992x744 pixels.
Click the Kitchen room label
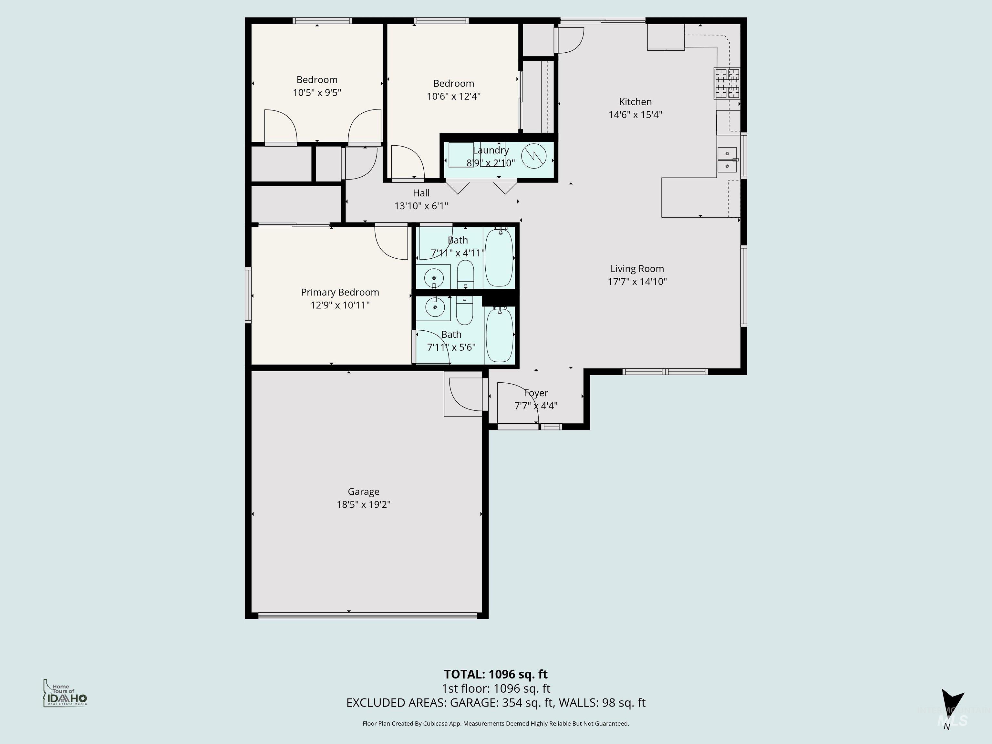point(635,102)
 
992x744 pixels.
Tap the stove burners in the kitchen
point(727,83)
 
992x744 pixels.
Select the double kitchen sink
point(727,160)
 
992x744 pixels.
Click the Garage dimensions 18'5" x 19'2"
point(363,504)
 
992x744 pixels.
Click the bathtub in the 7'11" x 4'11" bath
point(499,257)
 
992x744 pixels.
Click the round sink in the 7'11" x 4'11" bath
point(434,278)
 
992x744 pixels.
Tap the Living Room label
point(637,269)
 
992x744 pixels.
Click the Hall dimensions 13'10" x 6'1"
point(421,206)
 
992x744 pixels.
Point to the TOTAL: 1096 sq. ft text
point(496,674)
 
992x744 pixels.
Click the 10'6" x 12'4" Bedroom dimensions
point(453,96)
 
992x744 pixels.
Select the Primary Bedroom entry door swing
point(391,243)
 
